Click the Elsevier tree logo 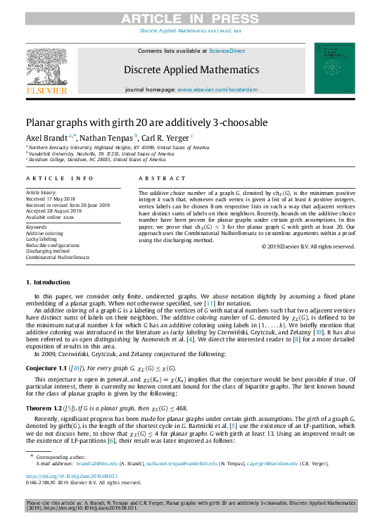coord(46,68)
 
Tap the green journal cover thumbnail coord(334,68)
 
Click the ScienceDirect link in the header coord(226,51)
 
